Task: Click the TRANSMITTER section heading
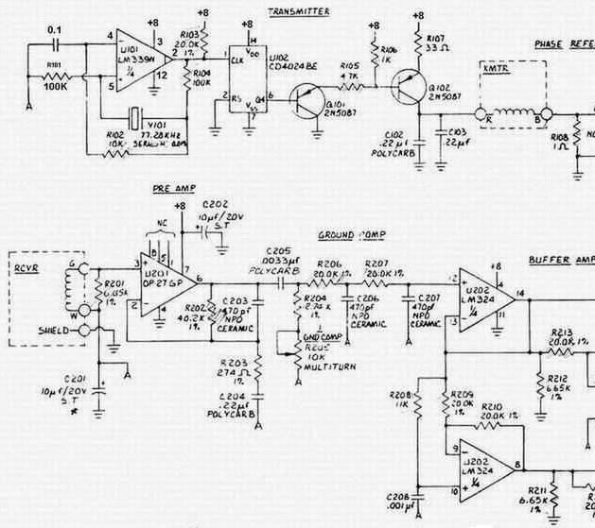[x=299, y=11]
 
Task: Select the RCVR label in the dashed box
[x=26, y=266]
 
